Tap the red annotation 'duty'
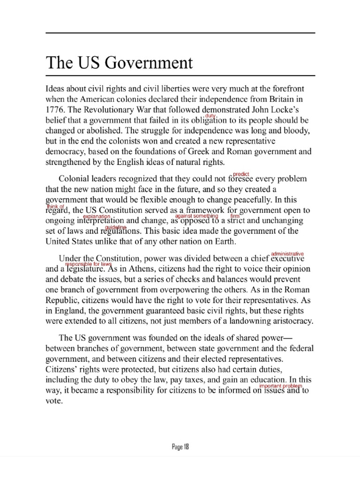[217, 115]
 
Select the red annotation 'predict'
[240, 174]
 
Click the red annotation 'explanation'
[97, 217]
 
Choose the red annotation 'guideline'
[115, 227]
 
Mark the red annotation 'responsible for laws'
[85, 264]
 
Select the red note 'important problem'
[281, 385]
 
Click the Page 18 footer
[180, 447]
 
